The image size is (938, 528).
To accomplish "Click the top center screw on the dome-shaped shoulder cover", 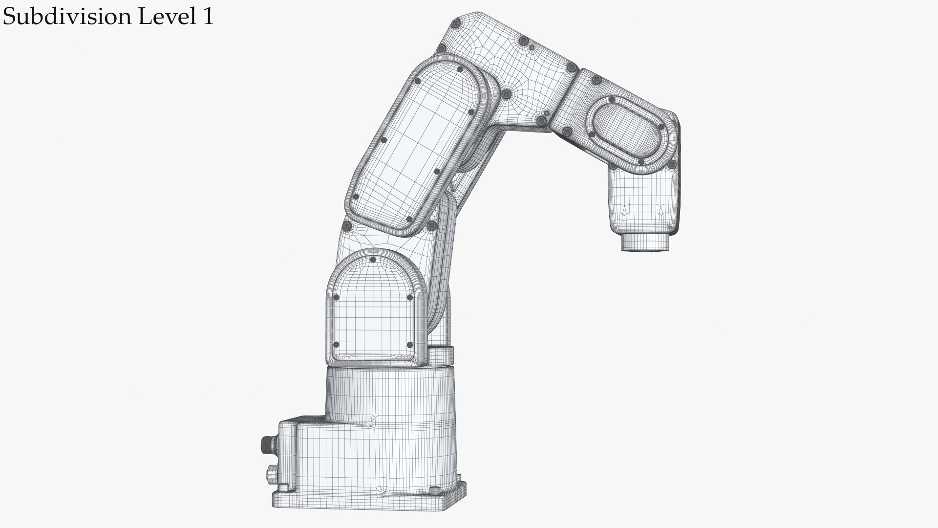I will [373, 260].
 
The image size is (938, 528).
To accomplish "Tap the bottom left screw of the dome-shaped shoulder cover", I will [336, 345].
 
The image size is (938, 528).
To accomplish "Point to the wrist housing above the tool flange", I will [642, 200].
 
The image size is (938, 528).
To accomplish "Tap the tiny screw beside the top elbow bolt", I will [532, 47].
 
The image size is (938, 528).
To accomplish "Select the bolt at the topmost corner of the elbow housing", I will [456, 23].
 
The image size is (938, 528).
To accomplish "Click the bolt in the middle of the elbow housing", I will [507, 93].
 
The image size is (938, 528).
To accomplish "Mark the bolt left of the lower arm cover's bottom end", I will [348, 226].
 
